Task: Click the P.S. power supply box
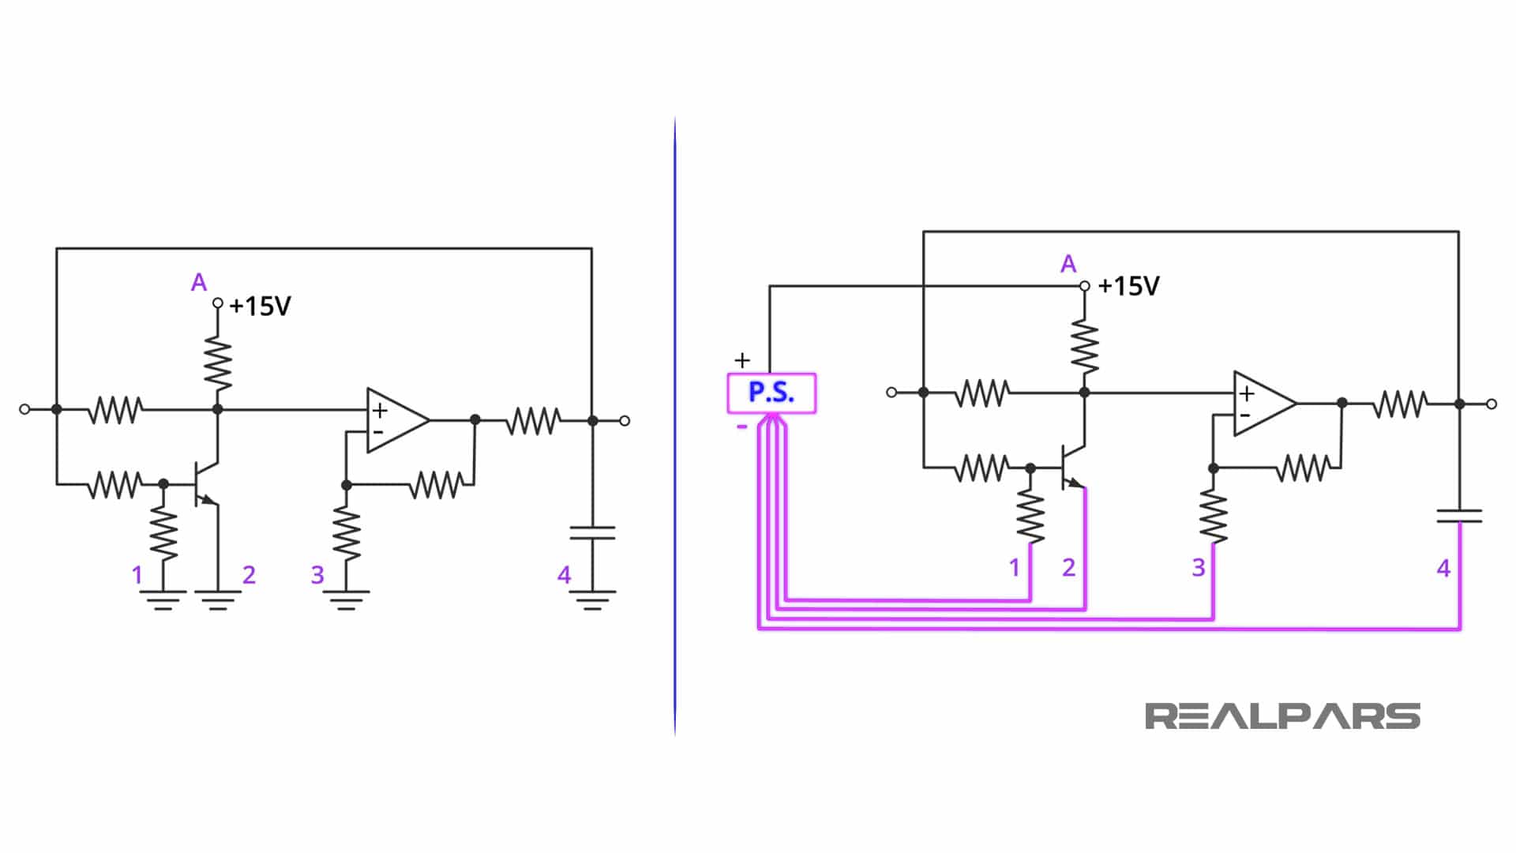tap(771, 393)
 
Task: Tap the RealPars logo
tap(1281, 716)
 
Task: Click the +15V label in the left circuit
tap(260, 306)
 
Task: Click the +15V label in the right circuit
tap(1128, 286)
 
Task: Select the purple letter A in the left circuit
tap(199, 282)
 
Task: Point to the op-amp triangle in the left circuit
tap(395, 420)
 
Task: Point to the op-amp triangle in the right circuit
tap(1262, 403)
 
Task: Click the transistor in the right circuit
tap(1071, 468)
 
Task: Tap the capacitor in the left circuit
tap(592, 532)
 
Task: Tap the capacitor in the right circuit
tap(1459, 516)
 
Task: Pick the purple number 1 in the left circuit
tap(137, 575)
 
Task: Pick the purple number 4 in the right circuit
tap(1443, 568)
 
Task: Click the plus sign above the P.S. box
tap(741, 361)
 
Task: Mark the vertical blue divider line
tap(675, 426)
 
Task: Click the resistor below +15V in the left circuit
tap(218, 363)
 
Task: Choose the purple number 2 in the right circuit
tap(1068, 567)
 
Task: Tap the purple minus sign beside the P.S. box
tap(741, 427)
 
